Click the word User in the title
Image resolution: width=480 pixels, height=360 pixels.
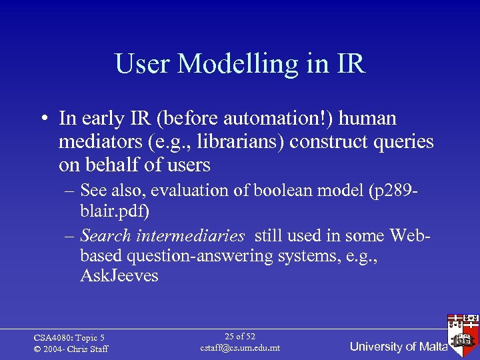[x=143, y=64]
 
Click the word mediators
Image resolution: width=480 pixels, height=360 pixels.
[x=95, y=142]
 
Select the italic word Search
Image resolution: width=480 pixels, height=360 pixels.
[x=106, y=235]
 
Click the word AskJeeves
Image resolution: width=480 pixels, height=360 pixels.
[x=119, y=275]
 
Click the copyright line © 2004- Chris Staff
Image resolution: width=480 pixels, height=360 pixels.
[x=70, y=349]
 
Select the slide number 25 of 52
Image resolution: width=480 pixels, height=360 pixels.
[x=240, y=337]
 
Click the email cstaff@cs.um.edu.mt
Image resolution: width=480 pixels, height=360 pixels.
[x=240, y=348]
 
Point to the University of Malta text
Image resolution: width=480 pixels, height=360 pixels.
[x=398, y=347]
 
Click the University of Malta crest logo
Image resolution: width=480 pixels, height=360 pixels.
[x=463, y=331]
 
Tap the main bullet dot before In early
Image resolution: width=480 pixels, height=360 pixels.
[x=42, y=119]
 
